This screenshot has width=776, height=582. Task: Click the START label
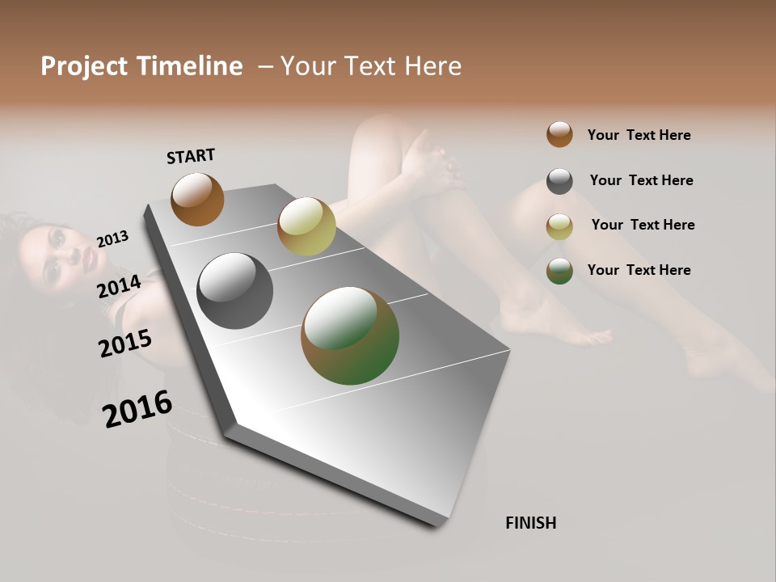point(191,156)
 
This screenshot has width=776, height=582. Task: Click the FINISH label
point(530,523)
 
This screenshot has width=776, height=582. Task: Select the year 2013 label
point(112,238)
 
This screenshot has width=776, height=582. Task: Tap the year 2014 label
point(120,286)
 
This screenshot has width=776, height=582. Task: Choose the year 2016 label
point(137,409)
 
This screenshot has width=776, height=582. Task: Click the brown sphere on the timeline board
point(197,199)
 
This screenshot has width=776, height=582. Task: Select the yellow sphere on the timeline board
point(306,226)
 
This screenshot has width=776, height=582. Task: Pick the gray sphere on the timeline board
point(234,291)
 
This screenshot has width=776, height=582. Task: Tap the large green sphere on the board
point(350,335)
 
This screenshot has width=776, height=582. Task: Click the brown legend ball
point(559,134)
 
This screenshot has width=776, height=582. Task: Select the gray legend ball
point(559,181)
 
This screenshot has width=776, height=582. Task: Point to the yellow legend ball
point(559,226)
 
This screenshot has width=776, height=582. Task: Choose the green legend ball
point(559,271)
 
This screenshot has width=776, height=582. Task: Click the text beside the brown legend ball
point(639,135)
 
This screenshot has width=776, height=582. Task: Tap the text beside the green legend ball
point(639,270)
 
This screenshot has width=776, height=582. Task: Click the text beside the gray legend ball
point(641,180)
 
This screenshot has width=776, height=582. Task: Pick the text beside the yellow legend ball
point(643,225)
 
